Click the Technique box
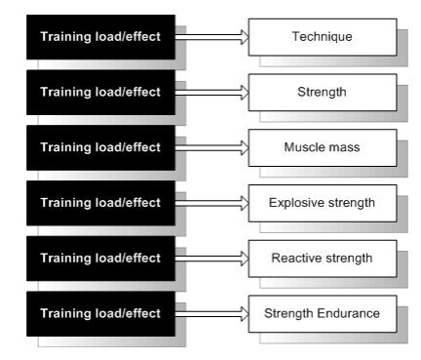click(x=323, y=37)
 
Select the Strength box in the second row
click(x=323, y=93)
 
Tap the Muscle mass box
click(x=323, y=147)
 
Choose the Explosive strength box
click(x=323, y=203)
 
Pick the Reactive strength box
click(x=323, y=259)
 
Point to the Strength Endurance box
click(x=323, y=313)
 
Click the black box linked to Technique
click(x=100, y=37)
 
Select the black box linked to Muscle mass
click(x=100, y=147)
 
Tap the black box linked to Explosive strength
click(x=100, y=203)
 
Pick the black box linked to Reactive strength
click(x=100, y=259)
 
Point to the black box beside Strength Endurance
click(x=100, y=313)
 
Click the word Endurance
click(x=348, y=313)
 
